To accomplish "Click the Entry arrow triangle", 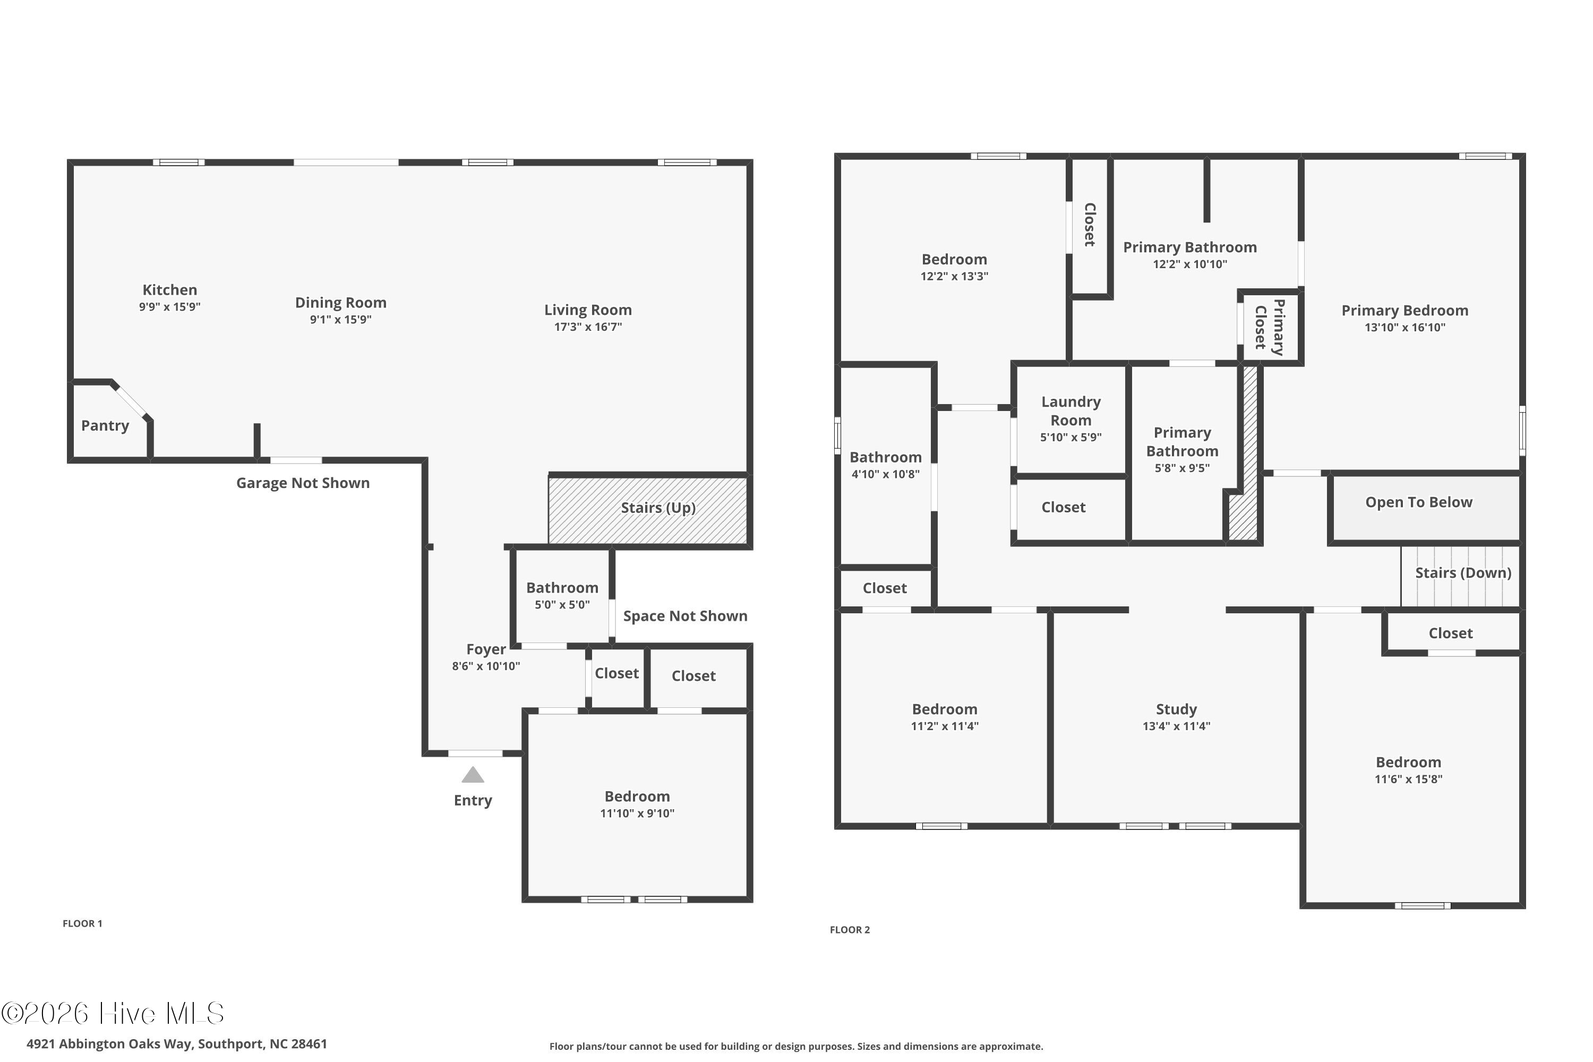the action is coord(473,775).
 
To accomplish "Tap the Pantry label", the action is coord(105,425).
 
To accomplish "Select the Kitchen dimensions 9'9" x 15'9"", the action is coord(170,307).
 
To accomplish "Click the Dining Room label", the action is coord(341,303).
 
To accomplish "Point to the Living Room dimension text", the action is coord(588,327).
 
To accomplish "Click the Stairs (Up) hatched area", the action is coord(648,510).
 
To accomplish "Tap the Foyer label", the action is coord(486,649).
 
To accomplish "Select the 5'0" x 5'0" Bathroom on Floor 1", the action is coord(562,595).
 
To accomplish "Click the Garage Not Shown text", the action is coord(303,483).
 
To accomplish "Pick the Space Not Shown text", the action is coord(686,615).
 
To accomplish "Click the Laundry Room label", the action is coord(1071,410).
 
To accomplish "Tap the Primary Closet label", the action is coord(1269,327).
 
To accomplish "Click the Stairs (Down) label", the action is coord(1463,573).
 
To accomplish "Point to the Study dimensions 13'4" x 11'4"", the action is coord(1177,726).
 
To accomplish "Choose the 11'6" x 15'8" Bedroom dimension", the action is coord(1409,779).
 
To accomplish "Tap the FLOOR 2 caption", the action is coord(850,930).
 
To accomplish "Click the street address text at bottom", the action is coord(177,1044).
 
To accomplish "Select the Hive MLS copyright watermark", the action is coord(113,1013).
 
